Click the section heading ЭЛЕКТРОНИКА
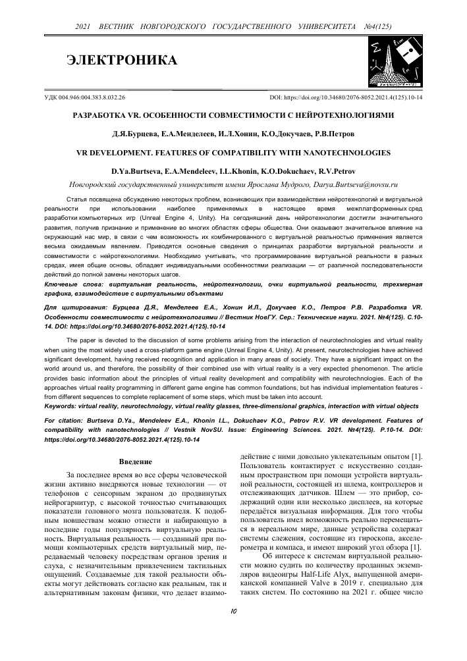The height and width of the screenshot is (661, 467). point(123,61)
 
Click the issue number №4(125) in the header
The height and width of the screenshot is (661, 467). point(377,26)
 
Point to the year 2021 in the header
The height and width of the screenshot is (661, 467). point(83,26)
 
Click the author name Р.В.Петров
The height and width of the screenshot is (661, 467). point(334,134)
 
